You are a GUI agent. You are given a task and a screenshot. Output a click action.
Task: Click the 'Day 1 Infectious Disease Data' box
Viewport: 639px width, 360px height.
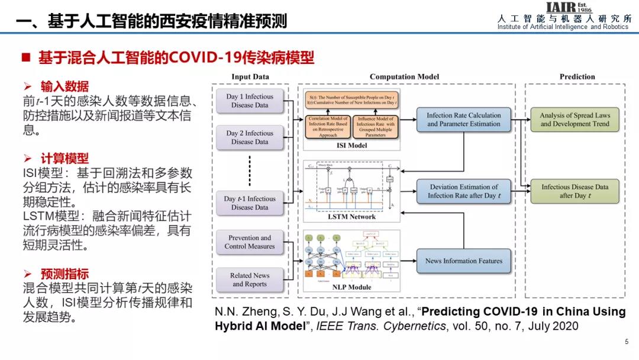pos(250,101)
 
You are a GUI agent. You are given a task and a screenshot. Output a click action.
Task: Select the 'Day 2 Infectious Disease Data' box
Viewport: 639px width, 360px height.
pos(250,137)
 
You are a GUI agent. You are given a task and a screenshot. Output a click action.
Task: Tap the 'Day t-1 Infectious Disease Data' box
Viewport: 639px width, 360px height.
pos(250,203)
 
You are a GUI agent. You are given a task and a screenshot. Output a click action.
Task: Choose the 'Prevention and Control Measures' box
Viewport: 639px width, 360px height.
pos(250,242)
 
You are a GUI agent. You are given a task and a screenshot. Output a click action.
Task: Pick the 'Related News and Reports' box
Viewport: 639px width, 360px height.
pos(250,279)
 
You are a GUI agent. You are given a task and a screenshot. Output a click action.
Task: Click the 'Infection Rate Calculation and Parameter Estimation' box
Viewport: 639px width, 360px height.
pos(463,120)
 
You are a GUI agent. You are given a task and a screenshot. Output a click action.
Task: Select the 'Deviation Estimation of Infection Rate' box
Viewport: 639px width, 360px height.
pos(463,191)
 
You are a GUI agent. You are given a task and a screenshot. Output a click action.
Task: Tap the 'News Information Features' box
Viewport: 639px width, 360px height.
pos(463,261)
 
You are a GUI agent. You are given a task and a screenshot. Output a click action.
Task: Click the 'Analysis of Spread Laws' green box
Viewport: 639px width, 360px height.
pos(575,120)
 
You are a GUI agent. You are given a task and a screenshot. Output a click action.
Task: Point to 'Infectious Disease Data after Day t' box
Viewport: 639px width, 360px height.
pos(575,191)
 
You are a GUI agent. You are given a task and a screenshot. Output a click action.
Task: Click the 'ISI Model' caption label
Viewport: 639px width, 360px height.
pos(351,145)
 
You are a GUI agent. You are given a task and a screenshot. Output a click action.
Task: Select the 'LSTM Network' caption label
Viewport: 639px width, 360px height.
pos(351,217)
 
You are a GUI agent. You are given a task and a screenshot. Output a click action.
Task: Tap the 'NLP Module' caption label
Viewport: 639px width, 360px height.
pos(351,287)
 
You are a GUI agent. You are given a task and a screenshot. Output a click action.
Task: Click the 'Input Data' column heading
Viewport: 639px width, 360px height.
pos(250,76)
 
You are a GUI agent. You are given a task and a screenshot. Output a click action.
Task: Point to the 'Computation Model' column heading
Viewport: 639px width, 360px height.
pos(404,76)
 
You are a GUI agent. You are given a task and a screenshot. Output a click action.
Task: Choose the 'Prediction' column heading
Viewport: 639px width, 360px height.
pos(577,76)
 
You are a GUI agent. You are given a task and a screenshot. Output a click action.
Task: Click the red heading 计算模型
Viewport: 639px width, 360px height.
pos(64,159)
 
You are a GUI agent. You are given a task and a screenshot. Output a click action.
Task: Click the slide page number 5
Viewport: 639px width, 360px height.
pos(627,342)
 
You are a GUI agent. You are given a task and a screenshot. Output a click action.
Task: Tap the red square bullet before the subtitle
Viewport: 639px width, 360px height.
pos(25,58)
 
